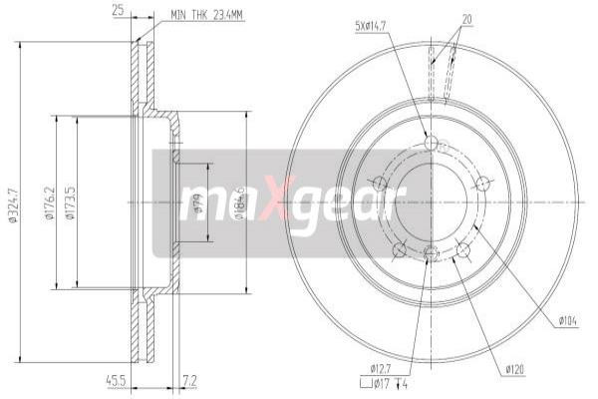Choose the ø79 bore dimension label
pyautogui.click(x=196, y=206)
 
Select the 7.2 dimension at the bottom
pyautogui.click(x=189, y=379)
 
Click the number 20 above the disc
pyautogui.click(x=466, y=19)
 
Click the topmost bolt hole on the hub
pyautogui.click(x=431, y=144)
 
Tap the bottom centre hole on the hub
pyautogui.click(x=431, y=254)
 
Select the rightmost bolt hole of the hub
pyautogui.click(x=483, y=182)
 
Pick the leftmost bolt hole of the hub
pyautogui.click(x=378, y=183)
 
